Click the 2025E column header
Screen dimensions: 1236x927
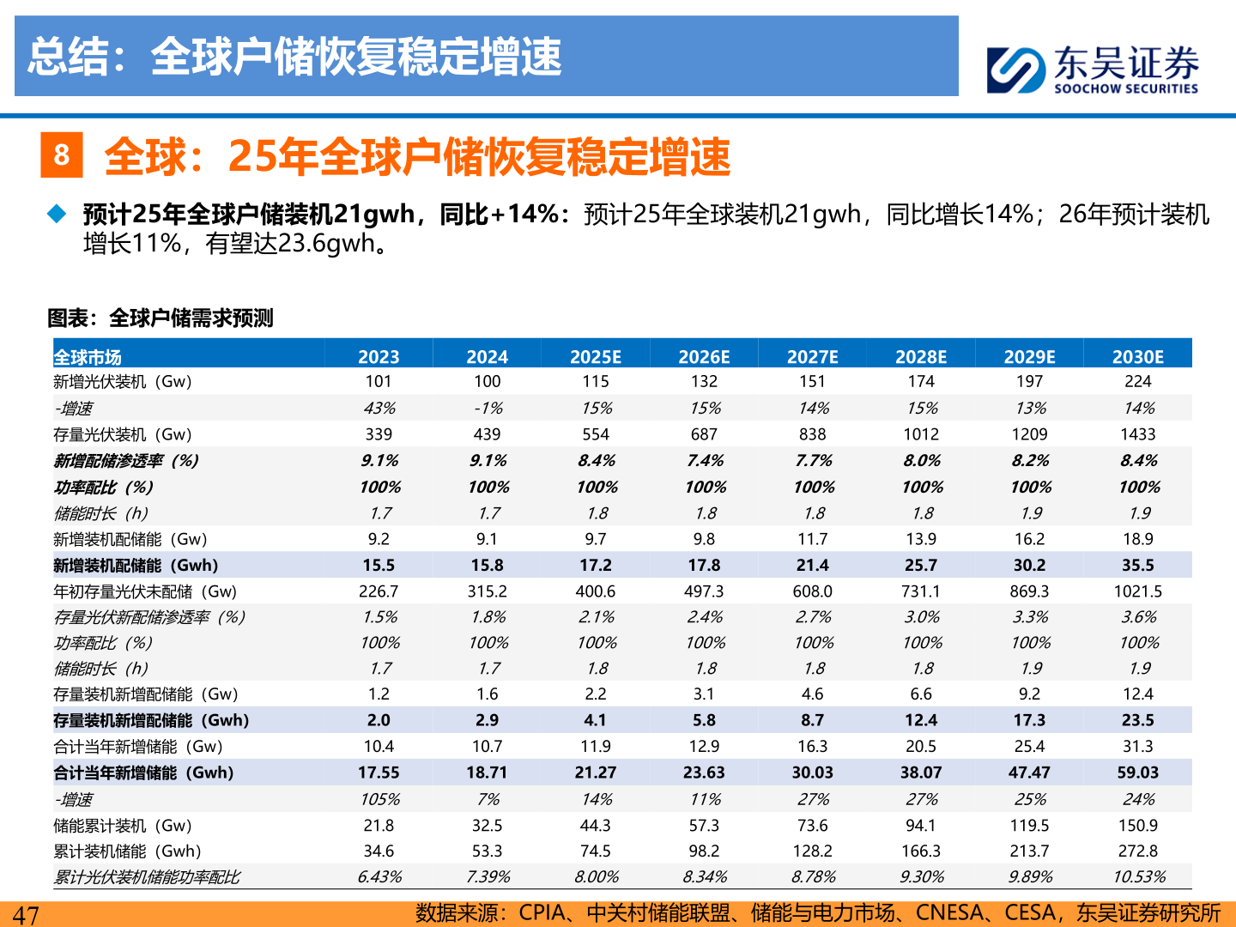pyautogui.click(x=595, y=357)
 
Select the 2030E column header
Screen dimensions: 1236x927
pyautogui.click(x=1137, y=357)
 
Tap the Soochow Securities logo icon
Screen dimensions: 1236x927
pyautogui.click(x=1015, y=70)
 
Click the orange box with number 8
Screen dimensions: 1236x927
pyautogui.click(x=62, y=154)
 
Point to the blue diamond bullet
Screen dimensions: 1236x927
pyautogui.click(x=57, y=214)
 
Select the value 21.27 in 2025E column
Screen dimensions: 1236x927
pyautogui.click(x=595, y=772)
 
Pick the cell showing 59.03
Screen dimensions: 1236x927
pyautogui.click(x=1137, y=772)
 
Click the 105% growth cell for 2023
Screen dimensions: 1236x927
pyautogui.click(x=379, y=799)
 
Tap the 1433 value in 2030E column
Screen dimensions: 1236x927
pyautogui.click(x=1137, y=434)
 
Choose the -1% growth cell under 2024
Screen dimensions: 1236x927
pyautogui.click(x=488, y=409)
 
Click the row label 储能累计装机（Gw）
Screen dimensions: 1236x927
pyautogui.click(x=123, y=826)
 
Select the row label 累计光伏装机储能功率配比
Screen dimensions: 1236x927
pyautogui.click(x=147, y=877)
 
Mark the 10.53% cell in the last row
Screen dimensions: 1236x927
pyautogui.click(x=1138, y=877)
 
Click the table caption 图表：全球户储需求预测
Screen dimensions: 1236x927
pyautogui.click(x=160, y=318)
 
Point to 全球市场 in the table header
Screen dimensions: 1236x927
pyautogui.click(x=88, y=357)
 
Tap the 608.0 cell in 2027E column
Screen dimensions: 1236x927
pyautogui.click(x=812, y=591)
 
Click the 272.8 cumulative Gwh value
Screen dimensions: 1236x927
pyautogui.click(x=1137, y=851)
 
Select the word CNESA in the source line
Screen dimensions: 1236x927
pyautogui.click(x=950, y=912)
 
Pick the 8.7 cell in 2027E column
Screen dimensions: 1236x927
pyautogui.click(x=812, y=720)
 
